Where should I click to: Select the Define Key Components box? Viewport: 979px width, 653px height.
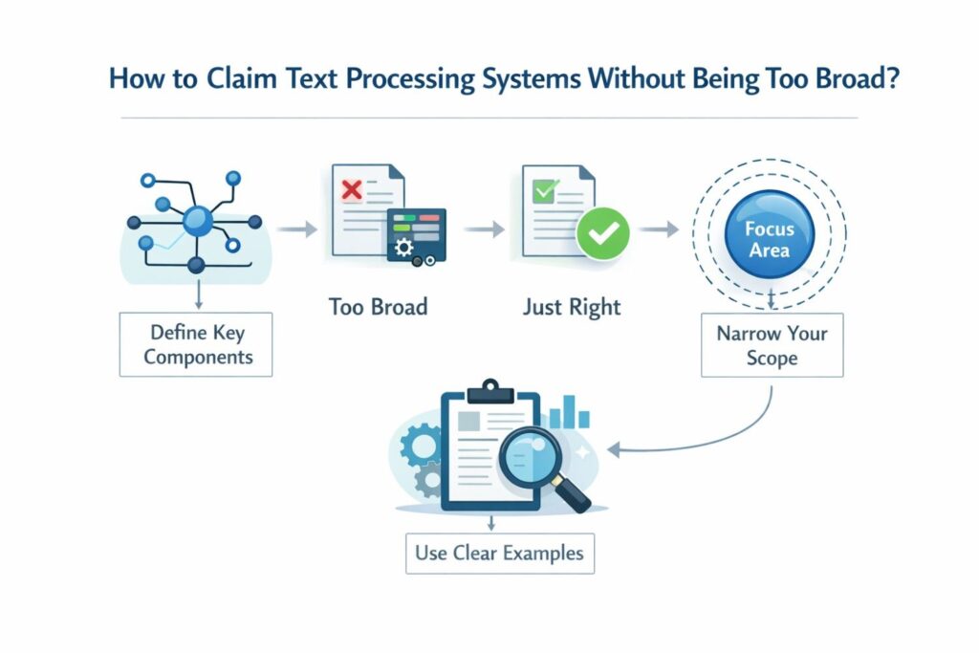pos(196,345)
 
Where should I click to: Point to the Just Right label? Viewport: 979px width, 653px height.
pos(572,307)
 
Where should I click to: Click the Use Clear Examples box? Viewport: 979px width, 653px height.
pos(499,552)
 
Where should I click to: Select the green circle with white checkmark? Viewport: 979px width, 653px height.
pos(603,231)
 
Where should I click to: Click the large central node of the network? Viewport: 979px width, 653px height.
pos(198,221)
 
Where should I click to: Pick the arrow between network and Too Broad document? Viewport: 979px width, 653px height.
pos(293,229)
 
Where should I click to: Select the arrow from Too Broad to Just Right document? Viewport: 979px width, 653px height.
pos(486,229)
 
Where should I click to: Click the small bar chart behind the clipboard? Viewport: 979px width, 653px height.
pos(571,414)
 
